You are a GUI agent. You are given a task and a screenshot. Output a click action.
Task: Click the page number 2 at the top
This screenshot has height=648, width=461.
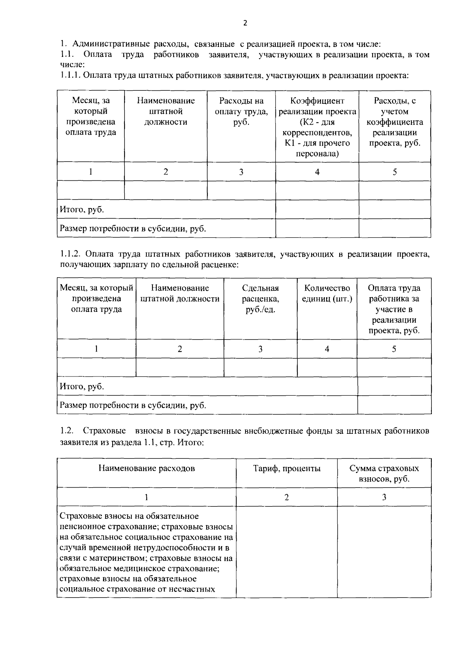click(x=245, y=23)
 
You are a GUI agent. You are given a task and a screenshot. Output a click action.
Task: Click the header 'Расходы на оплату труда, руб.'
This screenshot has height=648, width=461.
click(x=241, y=112)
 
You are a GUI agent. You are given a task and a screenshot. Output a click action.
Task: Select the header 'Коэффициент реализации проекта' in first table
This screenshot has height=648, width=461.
click(x=317, y=127)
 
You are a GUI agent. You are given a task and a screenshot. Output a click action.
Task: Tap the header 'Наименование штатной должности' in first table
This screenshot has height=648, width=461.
click(x=166, y=112)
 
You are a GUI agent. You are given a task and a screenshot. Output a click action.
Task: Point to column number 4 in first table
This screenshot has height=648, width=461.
click(x=317, y=172)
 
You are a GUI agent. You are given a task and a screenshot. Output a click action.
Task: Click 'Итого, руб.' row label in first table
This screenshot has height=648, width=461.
click(x=81, y=210)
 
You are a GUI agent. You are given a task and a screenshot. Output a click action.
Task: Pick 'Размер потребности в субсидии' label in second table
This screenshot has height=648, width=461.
click(x=133, y=405)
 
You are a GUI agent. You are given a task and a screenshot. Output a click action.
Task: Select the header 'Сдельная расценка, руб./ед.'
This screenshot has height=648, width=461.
click(x=260, y=299)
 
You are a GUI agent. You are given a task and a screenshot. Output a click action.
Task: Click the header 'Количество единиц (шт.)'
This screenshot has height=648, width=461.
click(x=327, y=293)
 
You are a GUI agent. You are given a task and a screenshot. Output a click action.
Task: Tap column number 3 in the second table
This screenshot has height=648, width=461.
click(x=260, y=349)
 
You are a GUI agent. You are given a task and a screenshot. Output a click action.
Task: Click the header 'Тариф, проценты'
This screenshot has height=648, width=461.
click(x=287, y=468)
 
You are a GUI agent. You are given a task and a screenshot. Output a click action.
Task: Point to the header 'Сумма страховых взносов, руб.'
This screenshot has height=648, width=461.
click(x=384, y=473)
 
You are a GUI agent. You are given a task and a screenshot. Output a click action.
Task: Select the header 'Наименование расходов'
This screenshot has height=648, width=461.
click(x=146, y=468)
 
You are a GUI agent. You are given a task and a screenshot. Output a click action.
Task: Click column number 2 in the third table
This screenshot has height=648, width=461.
click(x=287, y=497)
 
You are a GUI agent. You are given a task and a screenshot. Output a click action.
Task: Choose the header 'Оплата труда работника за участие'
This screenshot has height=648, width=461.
click(x=394, y=309)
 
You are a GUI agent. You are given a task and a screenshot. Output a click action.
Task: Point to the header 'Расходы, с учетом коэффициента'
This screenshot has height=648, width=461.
click(x=395, y=122)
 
